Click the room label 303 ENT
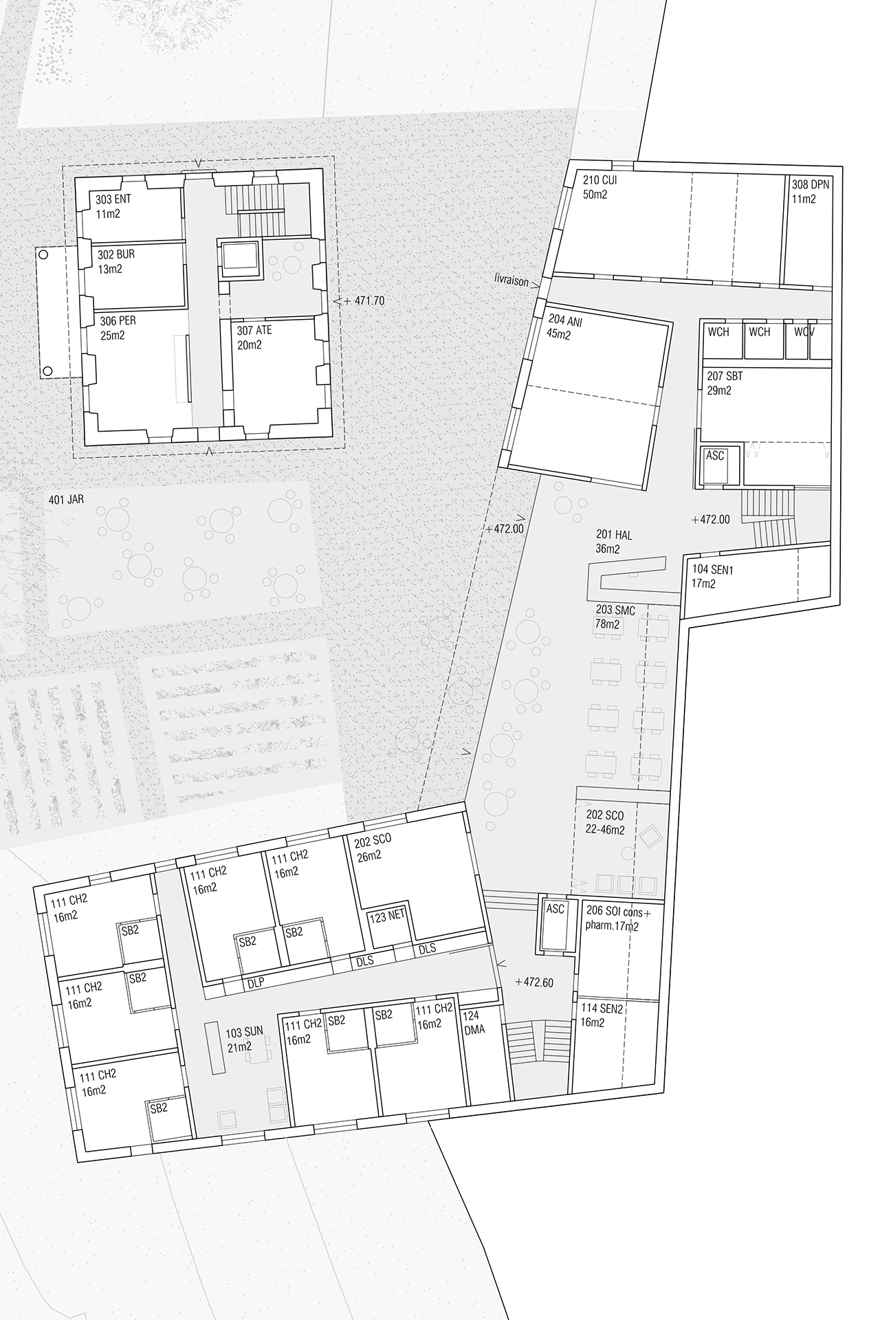click(x=113, y=200)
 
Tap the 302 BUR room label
click(x=116, y=254)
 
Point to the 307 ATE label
click(x=254, y=331)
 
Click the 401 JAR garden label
click(x=66, y=499)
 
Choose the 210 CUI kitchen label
click(x=600, y=181)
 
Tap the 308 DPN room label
click(x=811, y=185)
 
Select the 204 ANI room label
click(x=565, y=320)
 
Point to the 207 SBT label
click(x=725, y=377)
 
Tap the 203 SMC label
click(x=615, y=610)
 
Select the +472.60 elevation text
click(x=533, y=982)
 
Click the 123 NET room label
click(x=387, y=917)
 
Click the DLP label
click(x=255, y=984)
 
